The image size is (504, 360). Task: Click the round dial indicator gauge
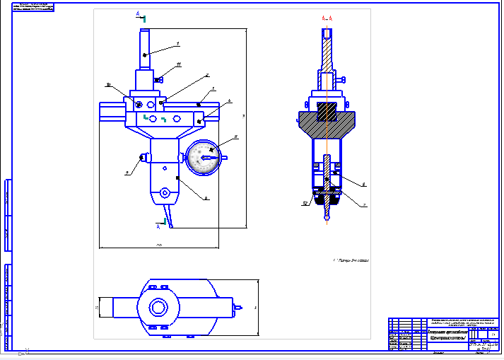203,157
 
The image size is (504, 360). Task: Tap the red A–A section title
327,17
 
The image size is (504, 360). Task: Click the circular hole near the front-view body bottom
165,192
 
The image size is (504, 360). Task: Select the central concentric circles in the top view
157,308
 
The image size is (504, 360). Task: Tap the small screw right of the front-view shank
160,79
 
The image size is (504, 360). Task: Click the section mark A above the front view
139,14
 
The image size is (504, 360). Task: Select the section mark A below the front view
159,226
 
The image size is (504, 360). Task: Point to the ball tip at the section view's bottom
326,217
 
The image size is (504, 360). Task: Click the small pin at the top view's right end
241,308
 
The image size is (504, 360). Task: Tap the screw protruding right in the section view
343,79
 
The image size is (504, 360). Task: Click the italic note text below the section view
351,260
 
